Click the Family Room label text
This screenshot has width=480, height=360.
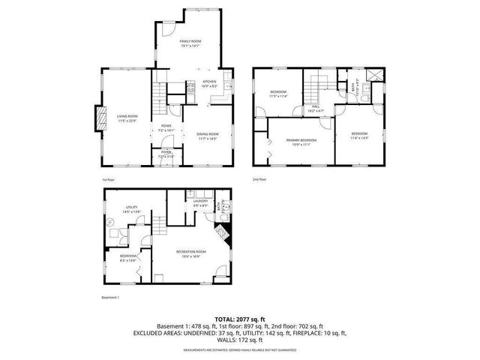click(x=191, y=42)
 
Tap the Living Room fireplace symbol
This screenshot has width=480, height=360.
click(x=97, y=118)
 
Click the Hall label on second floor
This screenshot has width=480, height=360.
click(x=316, y=107)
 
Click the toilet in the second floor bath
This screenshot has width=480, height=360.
click(x=362, y=94)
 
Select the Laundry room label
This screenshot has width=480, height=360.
click(x=199, y=201)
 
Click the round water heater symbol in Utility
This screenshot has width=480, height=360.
click(x=110, y=222)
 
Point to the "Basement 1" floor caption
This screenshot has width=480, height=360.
click(x=110, y=297)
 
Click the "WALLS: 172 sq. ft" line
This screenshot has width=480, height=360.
click(x=239, y=338)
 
